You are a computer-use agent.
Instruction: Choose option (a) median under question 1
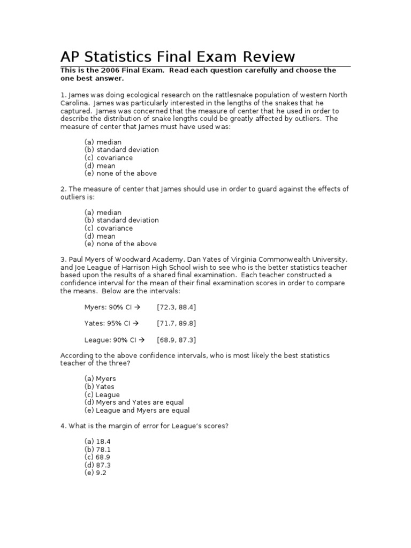coord(103,142)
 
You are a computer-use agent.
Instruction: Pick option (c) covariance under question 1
coord(109,158)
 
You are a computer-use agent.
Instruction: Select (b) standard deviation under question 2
coord(121,220)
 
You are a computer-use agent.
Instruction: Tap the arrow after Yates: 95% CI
coord(136,323)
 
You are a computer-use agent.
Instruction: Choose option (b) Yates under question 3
coord(100,386)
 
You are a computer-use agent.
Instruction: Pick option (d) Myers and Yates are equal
coord(134,402)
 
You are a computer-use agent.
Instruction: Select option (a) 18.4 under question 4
coord(97,442)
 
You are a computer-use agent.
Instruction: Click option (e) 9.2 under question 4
coord(95,473)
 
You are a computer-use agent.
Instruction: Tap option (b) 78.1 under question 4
coord(97,450)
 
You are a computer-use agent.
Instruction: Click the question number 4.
coord(63,425)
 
